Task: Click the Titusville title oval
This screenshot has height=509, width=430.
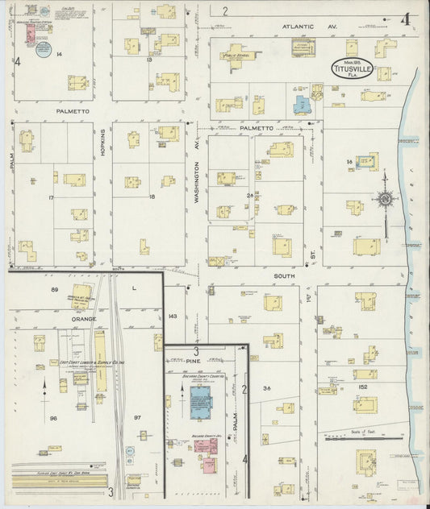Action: click(x=351, y=67)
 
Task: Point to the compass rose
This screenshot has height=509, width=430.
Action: click(x=386, y=199)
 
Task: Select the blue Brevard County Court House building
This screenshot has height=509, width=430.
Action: click(x=200, y=401)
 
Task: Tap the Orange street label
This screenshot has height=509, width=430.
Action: click(x=84, y=319)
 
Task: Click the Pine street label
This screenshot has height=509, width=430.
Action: click(x=181, y=362)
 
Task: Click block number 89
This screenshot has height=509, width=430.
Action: click(x=56, y=289)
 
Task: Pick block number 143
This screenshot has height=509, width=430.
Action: click(x=172, y=317)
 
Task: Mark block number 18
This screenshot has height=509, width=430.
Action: click(x=151, y=197)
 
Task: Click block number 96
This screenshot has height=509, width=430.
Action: click(x=54, y=418)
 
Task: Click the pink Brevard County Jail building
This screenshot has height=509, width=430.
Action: click(x=205, y=445)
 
